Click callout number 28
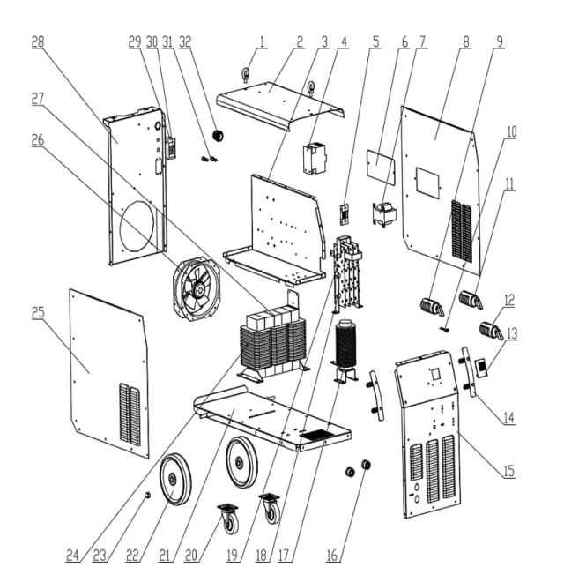tap(38, 41)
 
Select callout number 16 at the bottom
tap(332, 555)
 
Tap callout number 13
tap(512, 333)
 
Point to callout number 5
tap(376, 41)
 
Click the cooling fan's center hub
tap(201, 288)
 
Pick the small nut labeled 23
tap(147, 495)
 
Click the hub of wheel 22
tap(173, 480)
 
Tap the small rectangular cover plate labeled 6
tap(380, 162)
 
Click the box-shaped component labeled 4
tap(315, 158)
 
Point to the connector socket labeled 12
tap(492, 331)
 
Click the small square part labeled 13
tap(482, 368)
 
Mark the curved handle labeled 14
tap(469, 371)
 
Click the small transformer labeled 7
tap(385, 213)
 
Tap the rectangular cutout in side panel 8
tap(427, 182)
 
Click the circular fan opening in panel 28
tap(137, 226)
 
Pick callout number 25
tap(38, 312)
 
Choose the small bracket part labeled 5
tap(345, 215)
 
